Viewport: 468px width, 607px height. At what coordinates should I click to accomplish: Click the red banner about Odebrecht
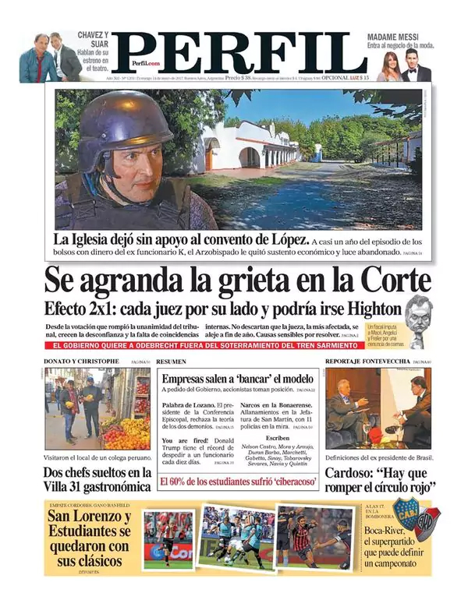tap(218, 344)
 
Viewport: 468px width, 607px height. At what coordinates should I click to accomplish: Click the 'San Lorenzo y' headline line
tap(89, 516)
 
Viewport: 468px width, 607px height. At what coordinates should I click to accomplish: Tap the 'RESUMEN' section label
tap(171, 362)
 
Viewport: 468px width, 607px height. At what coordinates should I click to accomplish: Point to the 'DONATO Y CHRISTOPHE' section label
tap(82, 362)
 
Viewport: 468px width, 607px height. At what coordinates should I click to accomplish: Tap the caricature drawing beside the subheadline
tap(417, 320)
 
